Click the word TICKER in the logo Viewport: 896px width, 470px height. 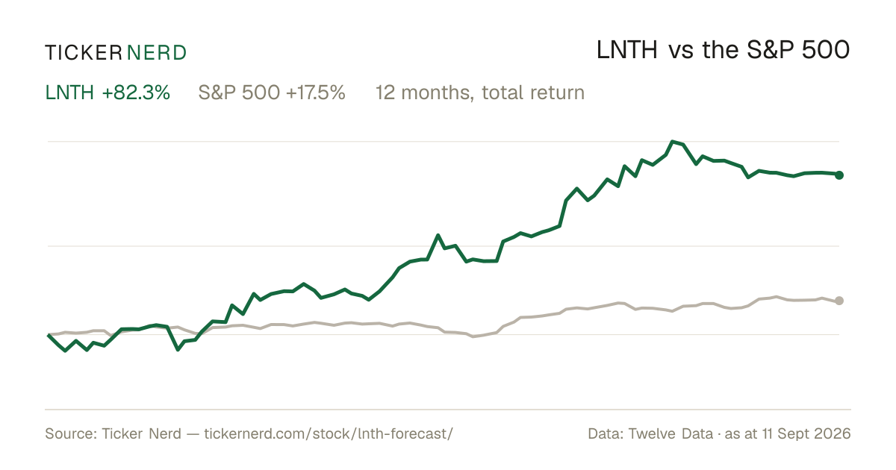click(x=83, y=53)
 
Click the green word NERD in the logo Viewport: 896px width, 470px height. click(x=156, y=53)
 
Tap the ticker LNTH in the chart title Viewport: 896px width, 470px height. click(x=626, y=51)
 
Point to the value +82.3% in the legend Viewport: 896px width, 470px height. click(x=136, y=93)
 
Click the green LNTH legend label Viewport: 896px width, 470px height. click(x=69, y=93)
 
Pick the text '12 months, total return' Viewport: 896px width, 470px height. click(x=480, y=93)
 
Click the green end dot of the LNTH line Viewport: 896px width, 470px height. click(x=839, y=175)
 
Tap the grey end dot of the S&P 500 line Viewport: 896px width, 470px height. click(x=839, y=301)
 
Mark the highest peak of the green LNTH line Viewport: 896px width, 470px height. click(x=673, y=142)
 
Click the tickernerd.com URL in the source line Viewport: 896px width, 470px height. click(x=329, y=433)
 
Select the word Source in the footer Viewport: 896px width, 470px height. click(x=69, y=433)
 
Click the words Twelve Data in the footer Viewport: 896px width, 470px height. click(x=671, y=433)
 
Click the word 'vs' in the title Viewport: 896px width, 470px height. click(x=680, y=51)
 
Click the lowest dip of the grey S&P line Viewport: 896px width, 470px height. click(x=473, y=336)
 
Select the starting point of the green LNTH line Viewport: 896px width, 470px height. click(x=49, y=335)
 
